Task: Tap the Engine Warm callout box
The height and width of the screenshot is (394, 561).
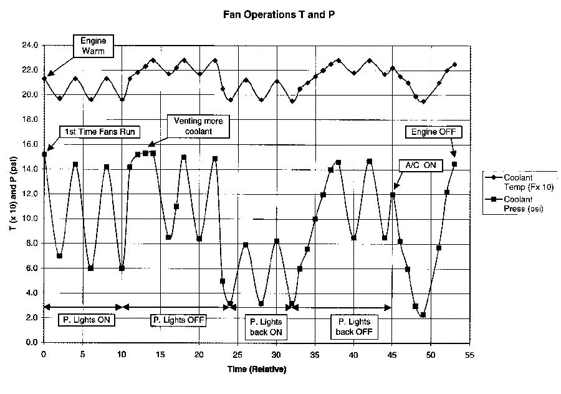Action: click(93, 46)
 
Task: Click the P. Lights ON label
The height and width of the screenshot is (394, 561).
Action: click(86, 320)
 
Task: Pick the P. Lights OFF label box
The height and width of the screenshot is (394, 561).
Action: click(179, 320)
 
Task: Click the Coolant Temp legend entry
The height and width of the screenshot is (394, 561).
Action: click(514, 180)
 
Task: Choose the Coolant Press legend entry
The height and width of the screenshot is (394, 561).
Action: click(514, 204)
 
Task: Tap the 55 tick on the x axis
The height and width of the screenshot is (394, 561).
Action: click(469, 354)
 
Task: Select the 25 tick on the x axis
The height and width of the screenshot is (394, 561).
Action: click(237, 354)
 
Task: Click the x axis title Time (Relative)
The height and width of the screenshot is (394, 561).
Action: click(256, 370)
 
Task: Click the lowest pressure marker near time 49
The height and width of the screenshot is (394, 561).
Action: click(423, 315)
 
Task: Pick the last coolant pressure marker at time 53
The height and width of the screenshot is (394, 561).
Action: click(454, 164)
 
